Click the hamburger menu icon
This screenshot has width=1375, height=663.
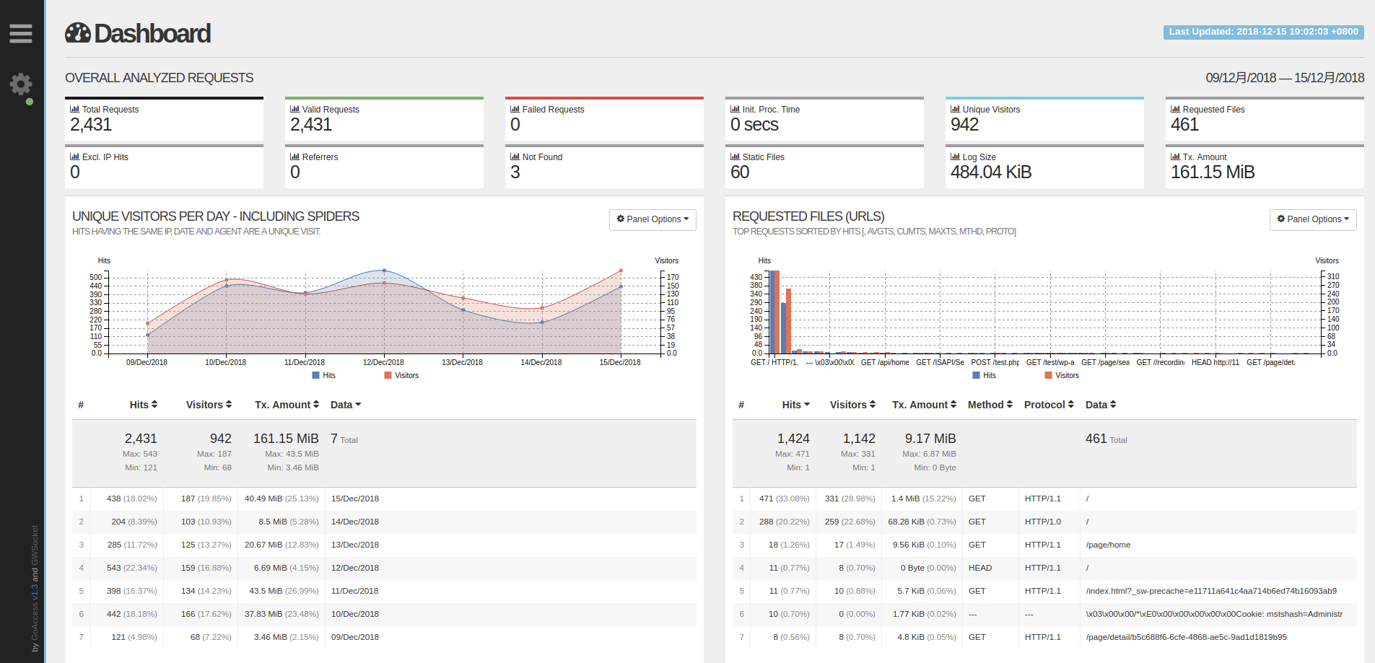[21, 33]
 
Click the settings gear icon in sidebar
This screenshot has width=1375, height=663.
[21, 84]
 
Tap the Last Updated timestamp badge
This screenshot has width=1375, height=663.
[1263, 32]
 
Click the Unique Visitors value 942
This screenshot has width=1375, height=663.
[964, 125]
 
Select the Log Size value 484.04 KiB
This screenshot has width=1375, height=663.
[990, 172]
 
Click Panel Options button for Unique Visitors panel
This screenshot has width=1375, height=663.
[652, 219]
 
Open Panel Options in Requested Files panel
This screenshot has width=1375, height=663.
[1313, 219]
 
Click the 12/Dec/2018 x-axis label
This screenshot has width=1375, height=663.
[383, 362]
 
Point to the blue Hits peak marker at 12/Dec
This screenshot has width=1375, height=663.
[384, 271]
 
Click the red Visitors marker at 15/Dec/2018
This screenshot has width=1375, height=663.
[621, 271]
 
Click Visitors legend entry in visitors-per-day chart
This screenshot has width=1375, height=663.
[401, 375]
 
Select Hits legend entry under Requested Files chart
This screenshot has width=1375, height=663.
[984, 375]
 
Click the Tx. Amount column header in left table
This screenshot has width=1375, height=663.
[287, 405]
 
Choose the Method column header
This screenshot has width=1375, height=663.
[990, 405]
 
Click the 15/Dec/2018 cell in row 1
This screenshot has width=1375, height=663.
[355, 499]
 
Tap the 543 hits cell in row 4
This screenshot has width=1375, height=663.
[114, 568]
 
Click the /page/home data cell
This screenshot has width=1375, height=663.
[1108, 545]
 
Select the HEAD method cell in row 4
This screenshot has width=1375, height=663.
[980, 568]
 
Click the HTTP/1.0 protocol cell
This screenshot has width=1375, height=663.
[1043, 522]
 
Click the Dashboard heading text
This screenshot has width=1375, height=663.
[152, 33]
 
